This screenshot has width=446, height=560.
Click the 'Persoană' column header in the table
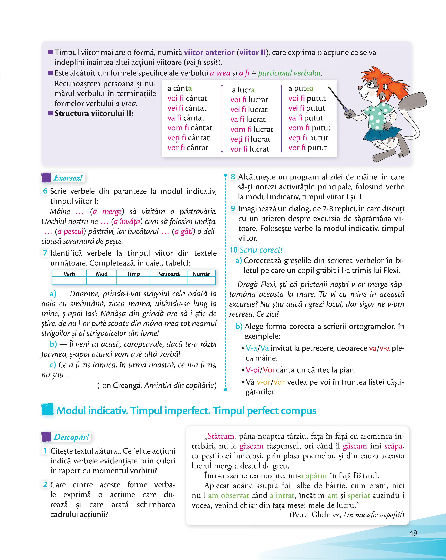click(x=168, y=274)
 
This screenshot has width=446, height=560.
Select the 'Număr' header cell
click(x=201, y=274)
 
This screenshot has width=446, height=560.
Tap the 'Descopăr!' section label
click(x=71, y=437)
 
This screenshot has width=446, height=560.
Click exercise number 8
click(x=233, y=177)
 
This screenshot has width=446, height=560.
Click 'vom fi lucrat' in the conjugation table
click(x=252, y=129)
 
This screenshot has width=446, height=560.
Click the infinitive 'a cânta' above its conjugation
click(x=180, y=89)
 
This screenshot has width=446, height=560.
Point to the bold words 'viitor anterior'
click(x=209, y=53)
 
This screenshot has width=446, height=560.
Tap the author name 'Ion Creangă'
click(x=121, y=385)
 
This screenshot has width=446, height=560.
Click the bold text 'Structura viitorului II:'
click(x=94, y=113)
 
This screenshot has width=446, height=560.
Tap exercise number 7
click(x=45, y=253)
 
